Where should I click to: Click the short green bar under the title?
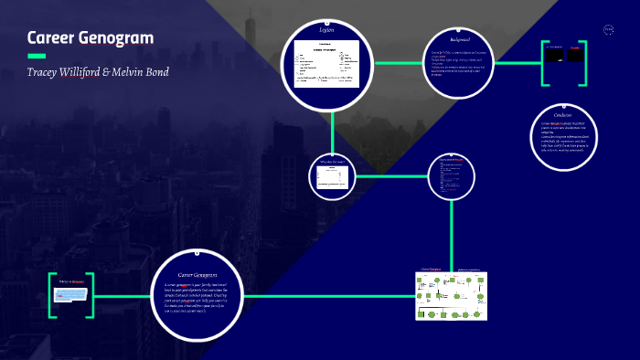tap(37, 56)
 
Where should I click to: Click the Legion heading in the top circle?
tap(326, 31)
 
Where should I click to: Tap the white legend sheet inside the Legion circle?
tap(326, 69)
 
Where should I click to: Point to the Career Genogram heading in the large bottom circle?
tap(197, 274)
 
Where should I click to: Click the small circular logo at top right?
tap(608, 30)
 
